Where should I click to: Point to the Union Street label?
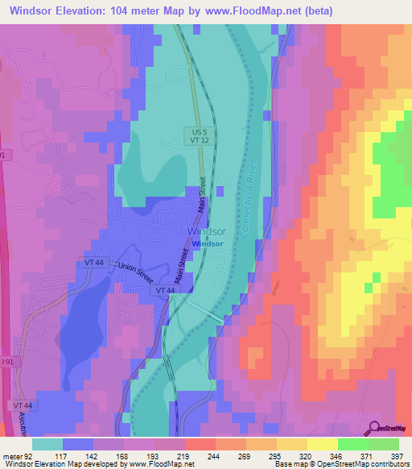(134, 267)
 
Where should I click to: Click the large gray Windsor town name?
(206, 231)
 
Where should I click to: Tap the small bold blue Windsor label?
(207, 243)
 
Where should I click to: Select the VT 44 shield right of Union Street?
(165, 289)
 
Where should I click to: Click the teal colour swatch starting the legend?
(47, 443)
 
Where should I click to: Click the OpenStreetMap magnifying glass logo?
(372, 428)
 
